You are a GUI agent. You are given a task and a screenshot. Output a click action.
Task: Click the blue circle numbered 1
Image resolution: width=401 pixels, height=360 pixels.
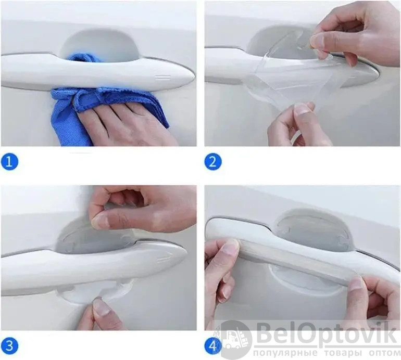click(x=9, y=161)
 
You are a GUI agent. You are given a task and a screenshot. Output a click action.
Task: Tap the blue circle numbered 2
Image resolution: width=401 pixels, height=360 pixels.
click(x=213, y=161)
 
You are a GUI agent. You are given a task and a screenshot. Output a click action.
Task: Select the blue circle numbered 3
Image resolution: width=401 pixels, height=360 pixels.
click(x=9, y=345)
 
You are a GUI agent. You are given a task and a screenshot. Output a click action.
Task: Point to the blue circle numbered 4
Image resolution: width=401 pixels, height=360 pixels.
click(x=213, y=345)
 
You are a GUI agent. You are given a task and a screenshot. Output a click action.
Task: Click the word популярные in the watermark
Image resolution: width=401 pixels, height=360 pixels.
click(x=286, y=353)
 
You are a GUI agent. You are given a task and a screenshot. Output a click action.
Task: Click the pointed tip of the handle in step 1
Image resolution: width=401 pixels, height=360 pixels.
click(x=194, y=76)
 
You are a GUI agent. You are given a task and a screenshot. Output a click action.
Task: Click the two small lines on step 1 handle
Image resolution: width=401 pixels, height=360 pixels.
click(x=163, y=78)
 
